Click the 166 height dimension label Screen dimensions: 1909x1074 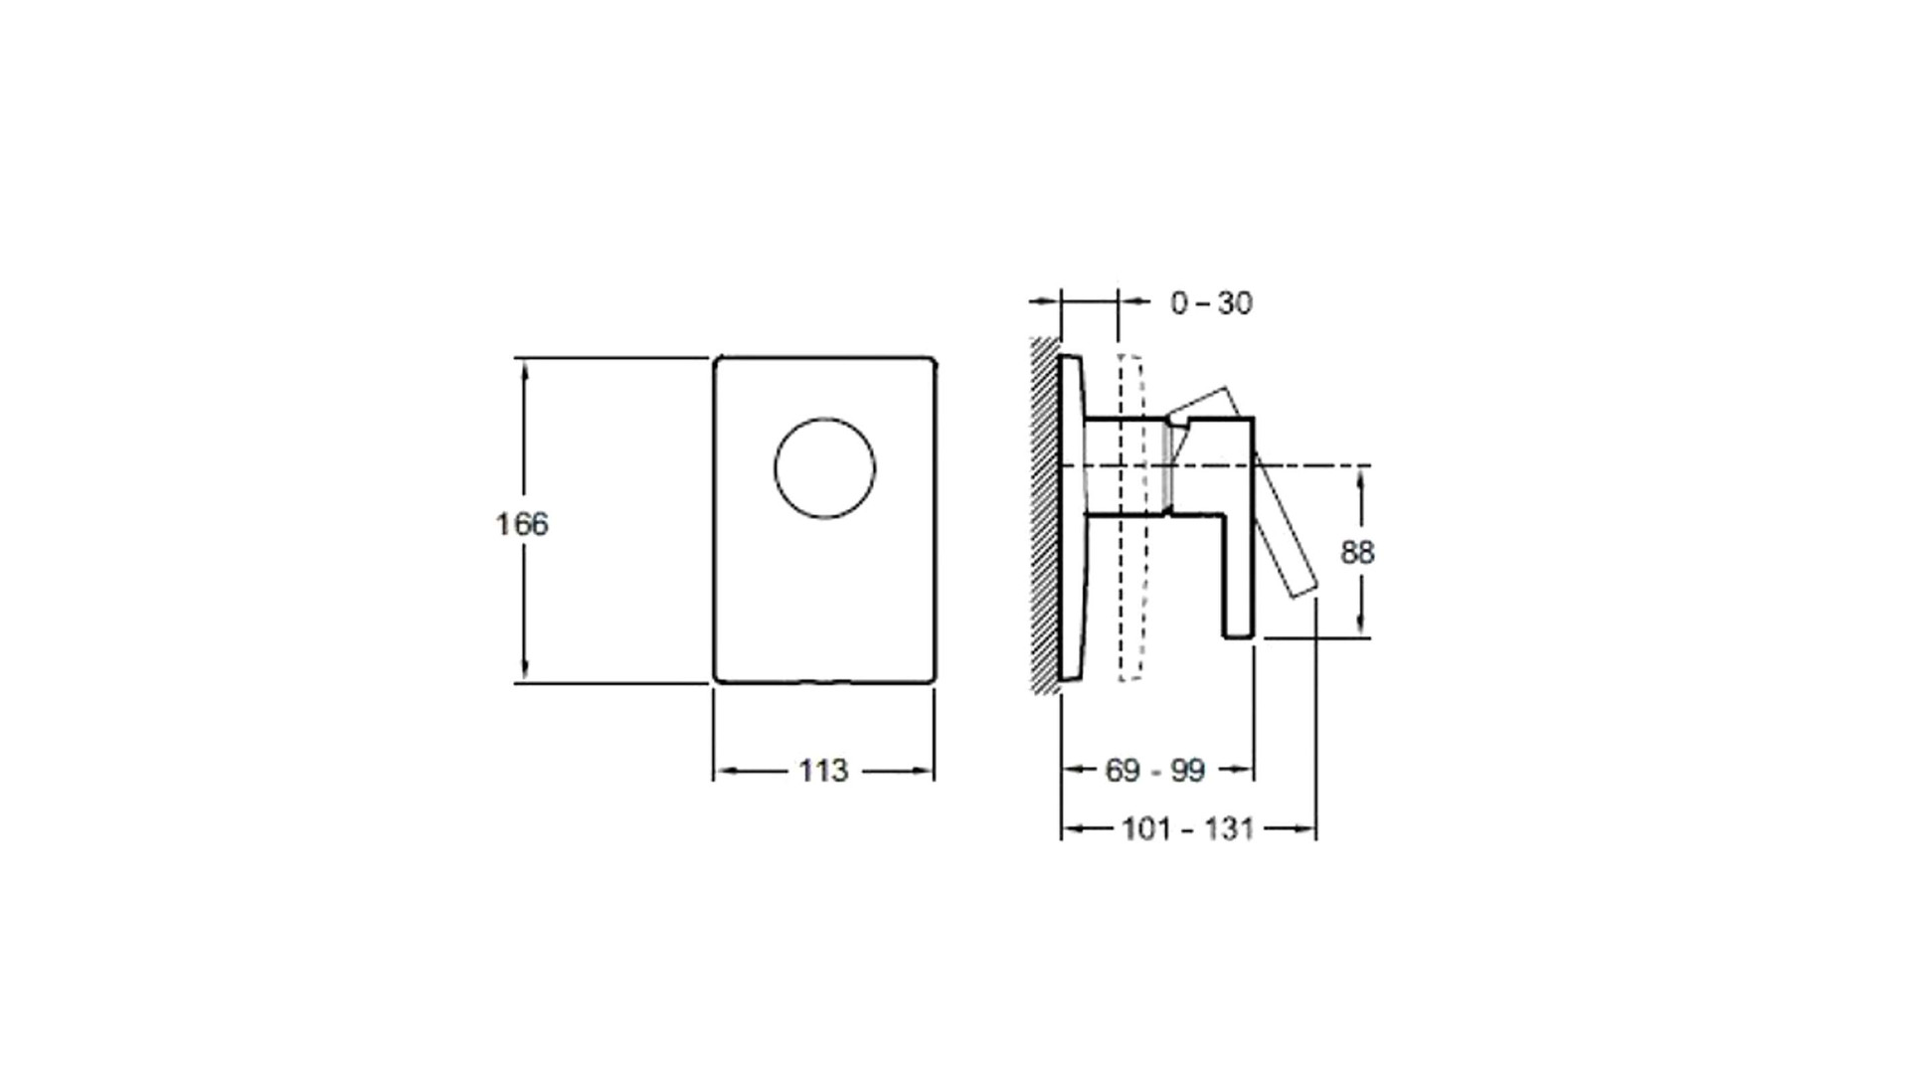tap(522, 523)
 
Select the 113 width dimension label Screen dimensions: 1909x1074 tap(823, 771)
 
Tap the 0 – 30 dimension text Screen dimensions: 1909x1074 tap(1211, 302)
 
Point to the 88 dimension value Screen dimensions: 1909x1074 tap(1357, 552)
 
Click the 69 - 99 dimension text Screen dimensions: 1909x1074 tap(1154, 770)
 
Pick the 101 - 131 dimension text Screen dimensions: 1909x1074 tap(1187, 828)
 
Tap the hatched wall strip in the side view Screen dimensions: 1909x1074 tap(1044, 515)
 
